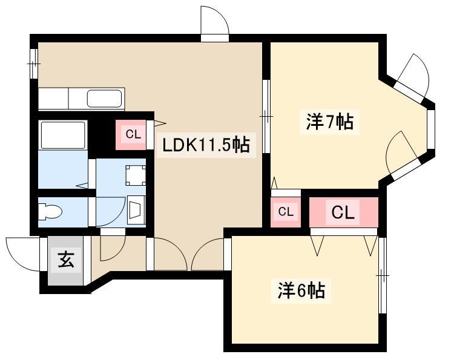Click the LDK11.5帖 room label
206,145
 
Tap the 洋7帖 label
329,122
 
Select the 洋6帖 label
301,290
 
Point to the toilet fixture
50,211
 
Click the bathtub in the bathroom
63,135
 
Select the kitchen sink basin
104,99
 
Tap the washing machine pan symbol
135,175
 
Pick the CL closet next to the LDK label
131,135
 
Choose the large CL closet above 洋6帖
343,212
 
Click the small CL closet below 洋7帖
286,212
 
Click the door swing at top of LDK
215,20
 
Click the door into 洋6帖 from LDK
208,254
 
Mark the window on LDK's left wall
34,64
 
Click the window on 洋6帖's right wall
383,275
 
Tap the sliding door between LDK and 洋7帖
266,116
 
